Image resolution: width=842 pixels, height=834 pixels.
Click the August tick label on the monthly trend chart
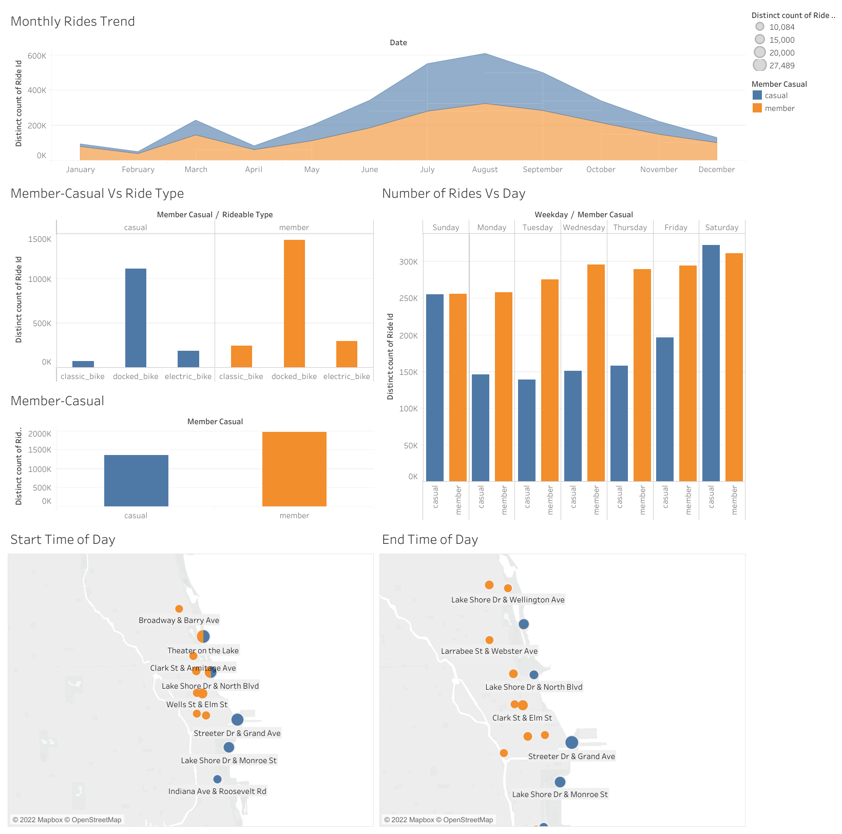(485, 169)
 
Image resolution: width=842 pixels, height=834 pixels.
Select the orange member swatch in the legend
(757, 108)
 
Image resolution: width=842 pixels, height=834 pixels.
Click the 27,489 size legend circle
(760, 65)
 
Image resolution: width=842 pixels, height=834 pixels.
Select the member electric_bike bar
(347, 354)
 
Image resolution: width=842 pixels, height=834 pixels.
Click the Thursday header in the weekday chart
(629, 228)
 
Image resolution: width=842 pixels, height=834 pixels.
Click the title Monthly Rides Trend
(72, 22)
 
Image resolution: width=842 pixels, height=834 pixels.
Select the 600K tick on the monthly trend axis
(37, 56)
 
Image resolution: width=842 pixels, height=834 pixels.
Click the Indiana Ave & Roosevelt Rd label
(217, 791)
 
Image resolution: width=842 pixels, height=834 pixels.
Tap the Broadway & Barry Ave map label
(179, 620)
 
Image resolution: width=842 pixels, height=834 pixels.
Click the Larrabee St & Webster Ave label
(489, 651)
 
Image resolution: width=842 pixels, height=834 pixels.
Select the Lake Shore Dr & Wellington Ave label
(507, 600)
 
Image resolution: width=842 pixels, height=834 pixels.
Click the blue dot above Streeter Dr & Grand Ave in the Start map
(237, 719)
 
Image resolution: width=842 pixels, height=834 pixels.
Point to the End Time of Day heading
(430, 540)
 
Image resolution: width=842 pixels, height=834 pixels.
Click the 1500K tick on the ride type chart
(40, 239)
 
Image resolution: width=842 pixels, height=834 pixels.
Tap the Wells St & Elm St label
(197, 705)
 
